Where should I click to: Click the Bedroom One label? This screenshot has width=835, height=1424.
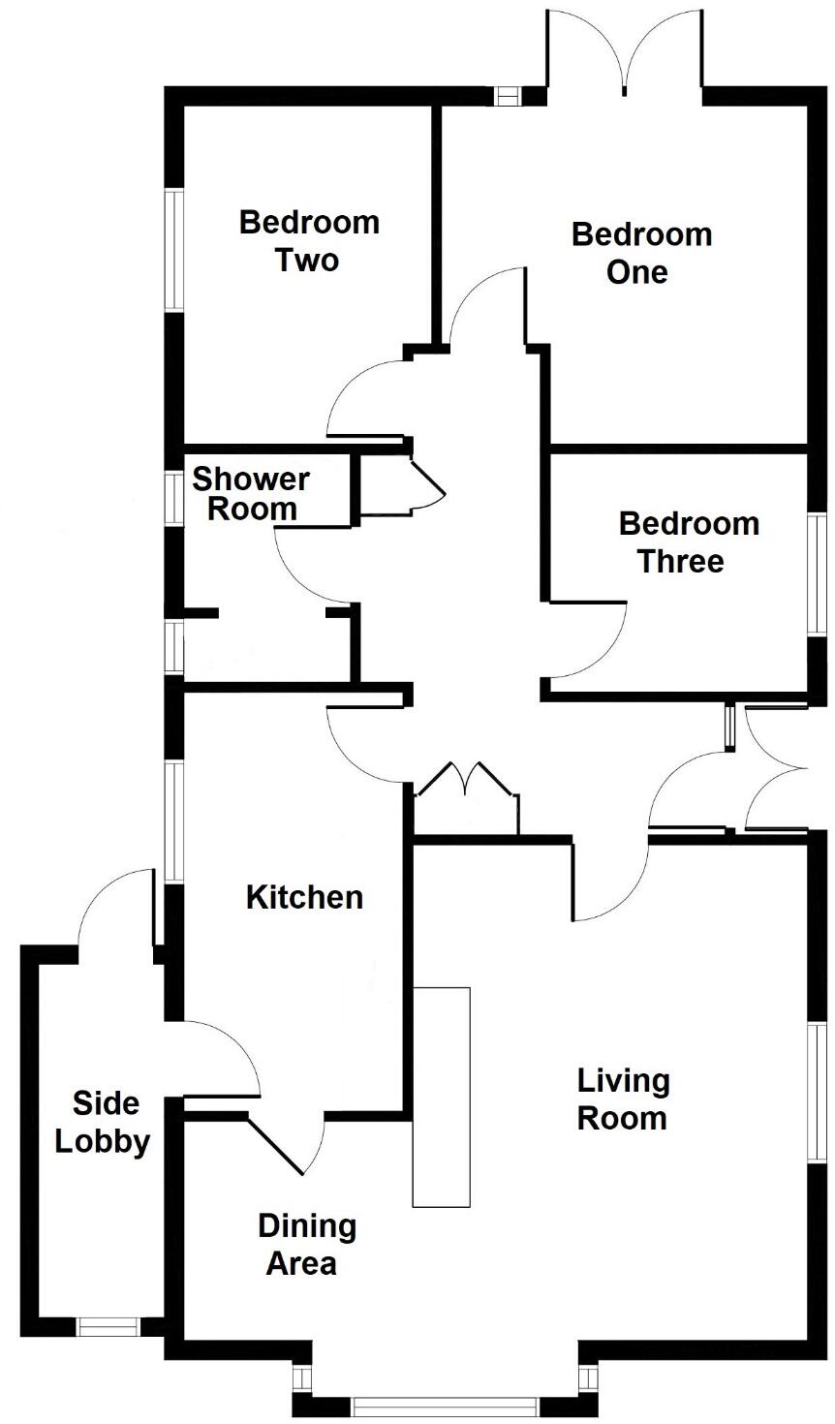[x=641, y=253]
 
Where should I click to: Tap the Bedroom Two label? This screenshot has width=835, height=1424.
[x=308, y=241]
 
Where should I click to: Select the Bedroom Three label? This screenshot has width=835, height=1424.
[x=688, y=542]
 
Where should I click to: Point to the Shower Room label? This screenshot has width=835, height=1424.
[x=251, y=493]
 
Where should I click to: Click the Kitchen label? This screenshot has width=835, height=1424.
[x=304, y=897]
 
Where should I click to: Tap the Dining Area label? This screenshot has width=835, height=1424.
[x=306, y=1245]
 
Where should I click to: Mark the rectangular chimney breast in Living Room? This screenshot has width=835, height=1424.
[x=441, y=1097]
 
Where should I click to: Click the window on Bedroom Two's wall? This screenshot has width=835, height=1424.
[x=173, y=250]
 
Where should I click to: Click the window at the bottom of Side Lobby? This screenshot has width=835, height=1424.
[x=109, y=1327]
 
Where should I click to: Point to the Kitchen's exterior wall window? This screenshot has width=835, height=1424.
[x=173, y=820]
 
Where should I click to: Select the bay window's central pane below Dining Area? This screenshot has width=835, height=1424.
[x=445, y=1405]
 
